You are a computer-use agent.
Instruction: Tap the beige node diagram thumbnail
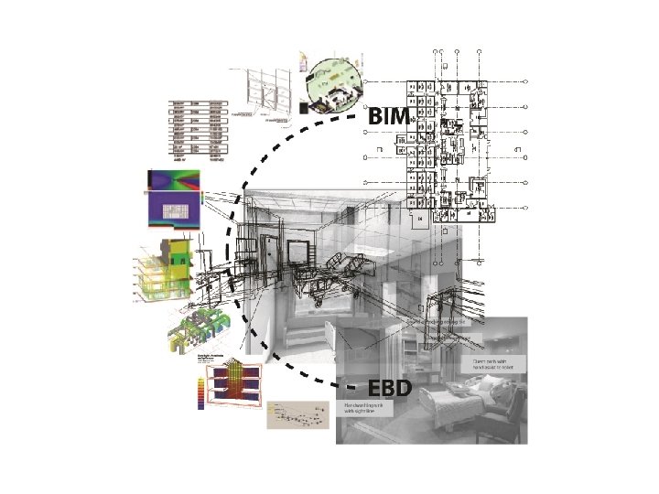tap(297, 413)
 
